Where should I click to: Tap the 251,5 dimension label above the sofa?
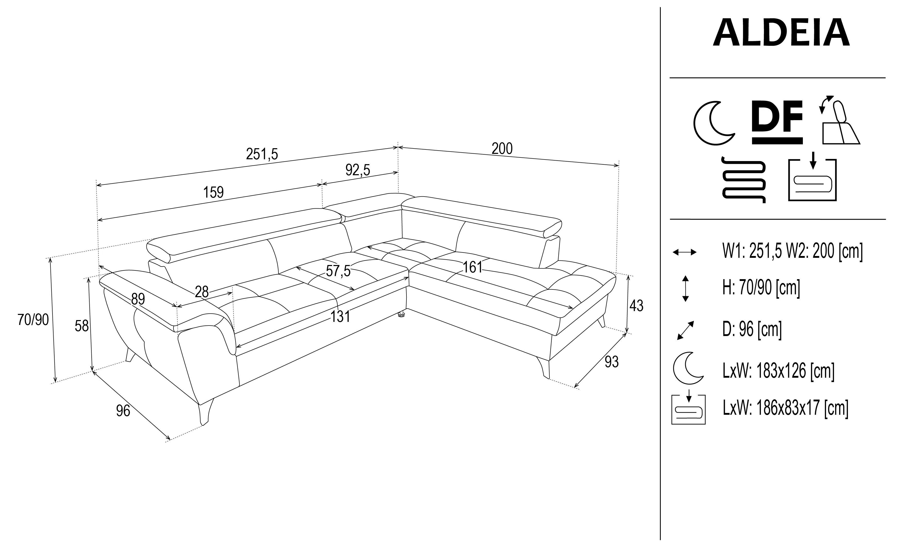(x=262, y=154)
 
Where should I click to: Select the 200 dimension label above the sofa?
(x=502, y=148)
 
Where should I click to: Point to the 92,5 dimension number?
(x=358, y=170)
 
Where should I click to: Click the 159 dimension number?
(x=213, y=192)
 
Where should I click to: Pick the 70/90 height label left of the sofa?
(x=33, y=320)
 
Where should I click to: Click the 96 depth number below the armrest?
(x=123, y=411)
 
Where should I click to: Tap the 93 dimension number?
(x=612, y=362)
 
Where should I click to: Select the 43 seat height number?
(x=636, y=306)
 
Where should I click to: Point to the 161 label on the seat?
(x=472, y=267)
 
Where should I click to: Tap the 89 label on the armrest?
(x=138, y=299)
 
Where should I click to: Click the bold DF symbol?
(x=777, y=122)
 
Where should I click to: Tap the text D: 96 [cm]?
(x=752, y=329)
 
